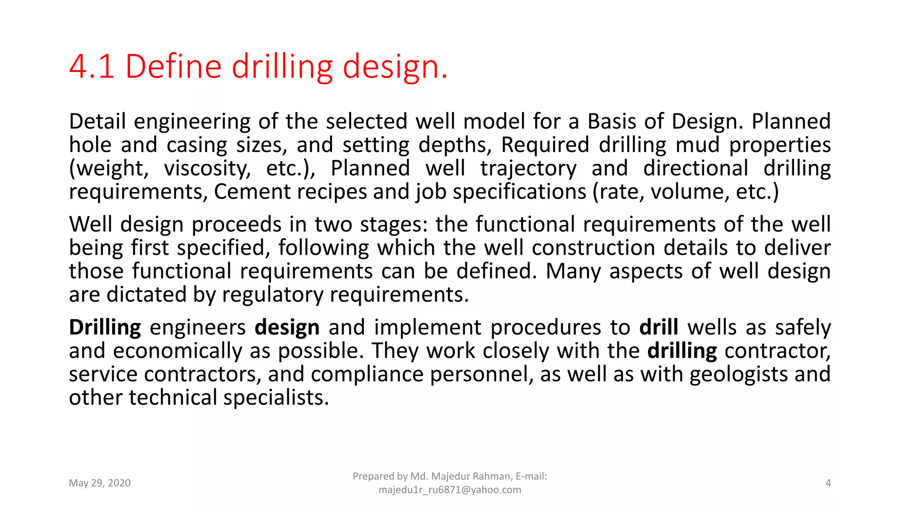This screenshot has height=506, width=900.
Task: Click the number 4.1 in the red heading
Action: tap(92, 67)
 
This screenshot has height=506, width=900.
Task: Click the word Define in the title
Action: tap(173, 67)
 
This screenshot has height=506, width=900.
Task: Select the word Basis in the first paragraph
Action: tap(612, 121)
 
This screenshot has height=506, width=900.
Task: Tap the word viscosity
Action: tap(207, 169)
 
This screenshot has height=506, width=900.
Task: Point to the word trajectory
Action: tap(528, 169)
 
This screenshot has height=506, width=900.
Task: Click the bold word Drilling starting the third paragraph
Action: tap(105, 328)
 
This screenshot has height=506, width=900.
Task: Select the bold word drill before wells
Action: tap(658, 328)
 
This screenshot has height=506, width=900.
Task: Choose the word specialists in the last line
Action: tap(276, 398)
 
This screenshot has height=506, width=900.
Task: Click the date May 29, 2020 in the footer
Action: tap(100, 483)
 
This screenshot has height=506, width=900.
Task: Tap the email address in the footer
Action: tap(450, 490)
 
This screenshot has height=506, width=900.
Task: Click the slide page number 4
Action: tap(828, 483)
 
